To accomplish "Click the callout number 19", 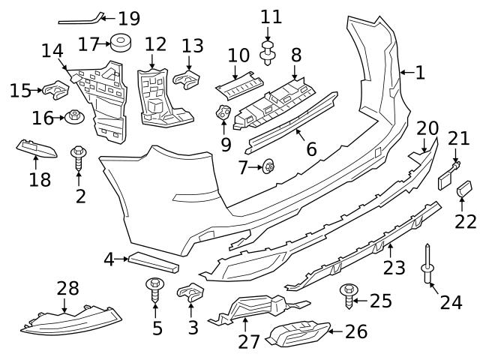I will [129, 17].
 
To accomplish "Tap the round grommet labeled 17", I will [121, 43].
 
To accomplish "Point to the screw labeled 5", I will [156, 289].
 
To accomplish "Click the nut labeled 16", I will [75, 117].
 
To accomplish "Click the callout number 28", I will [67, 287].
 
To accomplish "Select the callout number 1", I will [419, 73].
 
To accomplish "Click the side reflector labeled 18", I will [35, 148].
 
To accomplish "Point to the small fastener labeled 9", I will [223, 115].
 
